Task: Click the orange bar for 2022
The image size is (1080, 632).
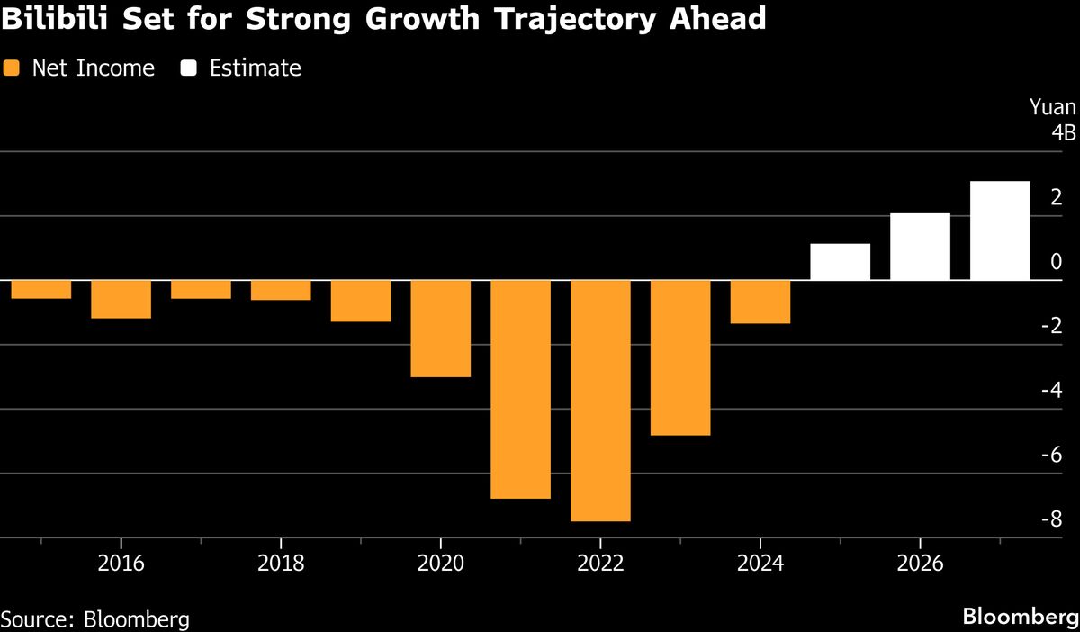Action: tap(600, 401)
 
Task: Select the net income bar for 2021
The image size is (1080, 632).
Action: tap(520, 389)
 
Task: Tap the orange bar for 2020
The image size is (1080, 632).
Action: tap(440, 329)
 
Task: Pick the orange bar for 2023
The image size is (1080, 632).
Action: tap(680, 357)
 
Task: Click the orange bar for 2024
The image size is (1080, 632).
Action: tap(760, 302)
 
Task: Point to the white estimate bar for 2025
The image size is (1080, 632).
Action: tap(840, 262)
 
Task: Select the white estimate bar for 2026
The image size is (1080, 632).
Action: tap(920, 247)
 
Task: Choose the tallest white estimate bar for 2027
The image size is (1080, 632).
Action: tap(1000, 230)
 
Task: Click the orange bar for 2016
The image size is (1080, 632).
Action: tap(121, 299)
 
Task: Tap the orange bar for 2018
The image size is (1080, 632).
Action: tap(281, 290)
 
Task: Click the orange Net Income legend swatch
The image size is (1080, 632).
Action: tap(11, 68)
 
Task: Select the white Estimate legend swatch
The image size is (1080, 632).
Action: tap(188, 68)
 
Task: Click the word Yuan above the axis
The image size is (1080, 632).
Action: tap(1052, 108)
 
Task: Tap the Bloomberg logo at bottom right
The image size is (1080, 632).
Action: tap(1020, 617)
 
